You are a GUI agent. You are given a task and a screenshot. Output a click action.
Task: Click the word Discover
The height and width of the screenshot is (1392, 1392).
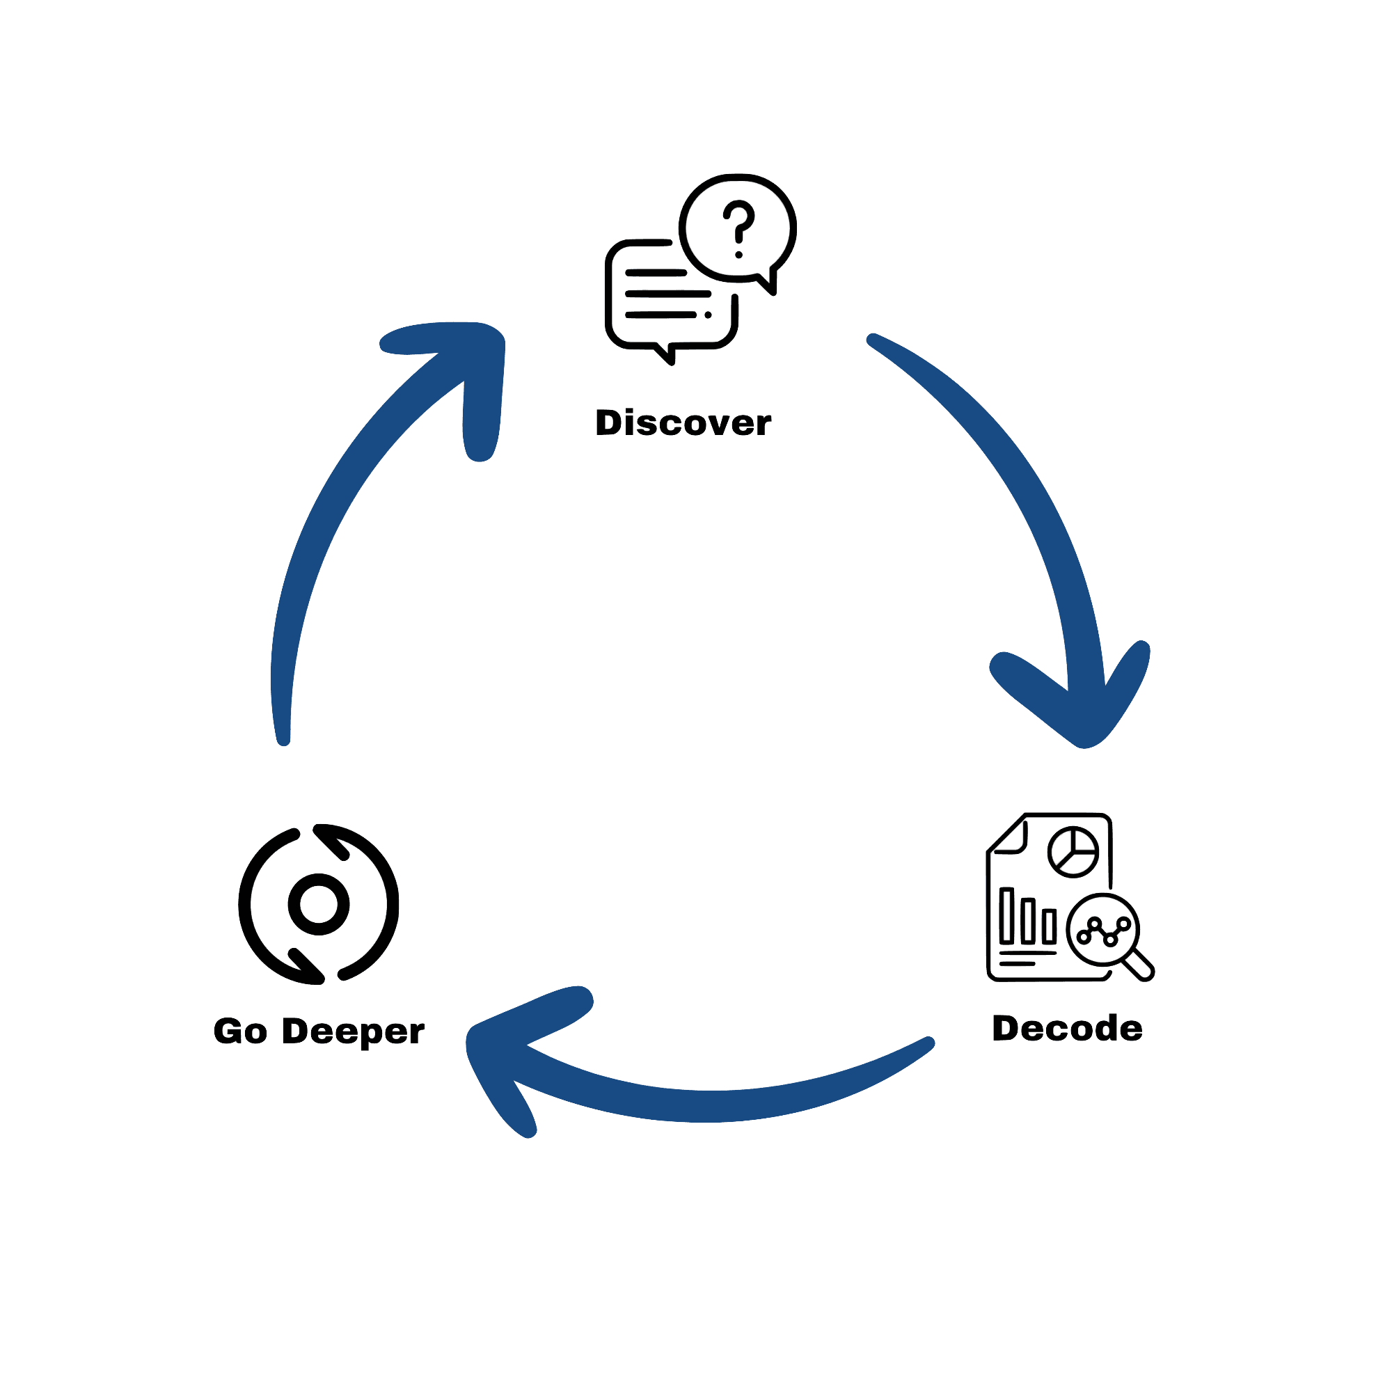tap(682, 423)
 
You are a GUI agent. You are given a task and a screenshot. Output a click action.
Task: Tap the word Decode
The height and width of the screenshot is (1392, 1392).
tap(1067, 1028)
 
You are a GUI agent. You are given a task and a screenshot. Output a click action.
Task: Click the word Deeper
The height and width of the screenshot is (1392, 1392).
tap(352, 1032)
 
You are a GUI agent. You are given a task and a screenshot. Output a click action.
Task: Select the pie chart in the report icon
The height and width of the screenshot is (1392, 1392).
tap(1073, 851)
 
